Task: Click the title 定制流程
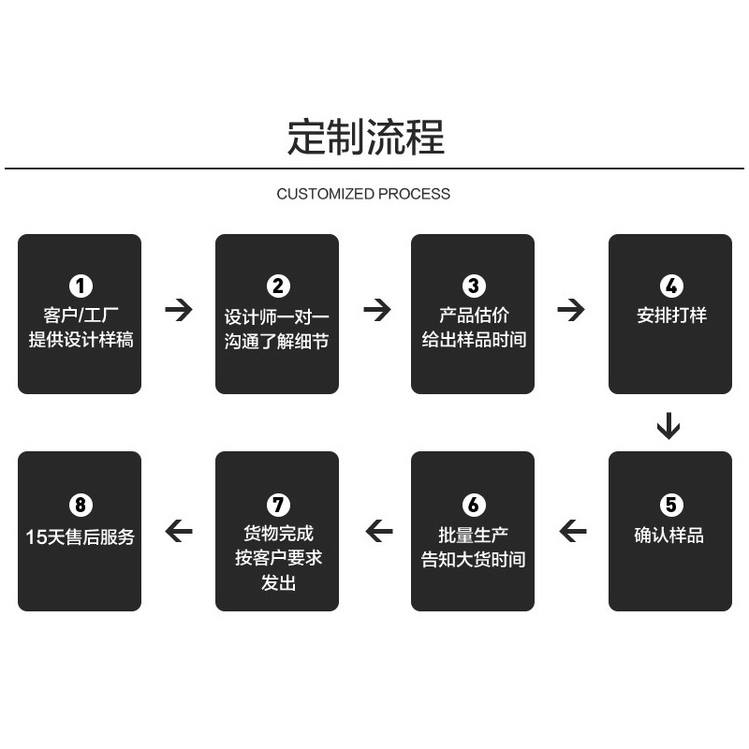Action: [x=365, y=137]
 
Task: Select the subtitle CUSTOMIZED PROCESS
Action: [x=363, y=194]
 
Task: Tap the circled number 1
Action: [x=81, y=286]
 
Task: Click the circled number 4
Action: [x=670, y=286]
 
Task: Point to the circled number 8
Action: [x=81, y=505]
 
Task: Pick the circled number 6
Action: [x=474, y=505]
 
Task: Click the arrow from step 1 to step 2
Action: [x=178, y=310]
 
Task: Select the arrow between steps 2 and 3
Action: [x=376, y=310]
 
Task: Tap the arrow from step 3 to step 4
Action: [x=570, y=310]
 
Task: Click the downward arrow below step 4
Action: [x=668, y=425]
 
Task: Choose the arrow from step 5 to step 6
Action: [x=572, y=532]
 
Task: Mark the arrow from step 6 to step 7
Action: [x=378, y=532]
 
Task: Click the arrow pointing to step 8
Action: [x=178, y=532]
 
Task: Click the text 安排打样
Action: [x=671, y=316]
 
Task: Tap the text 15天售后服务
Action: [x=81, y=537]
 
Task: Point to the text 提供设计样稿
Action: [x=81, y=340]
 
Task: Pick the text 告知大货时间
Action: [x=474, y=560]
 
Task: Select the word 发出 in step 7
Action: [x=278, y=583]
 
